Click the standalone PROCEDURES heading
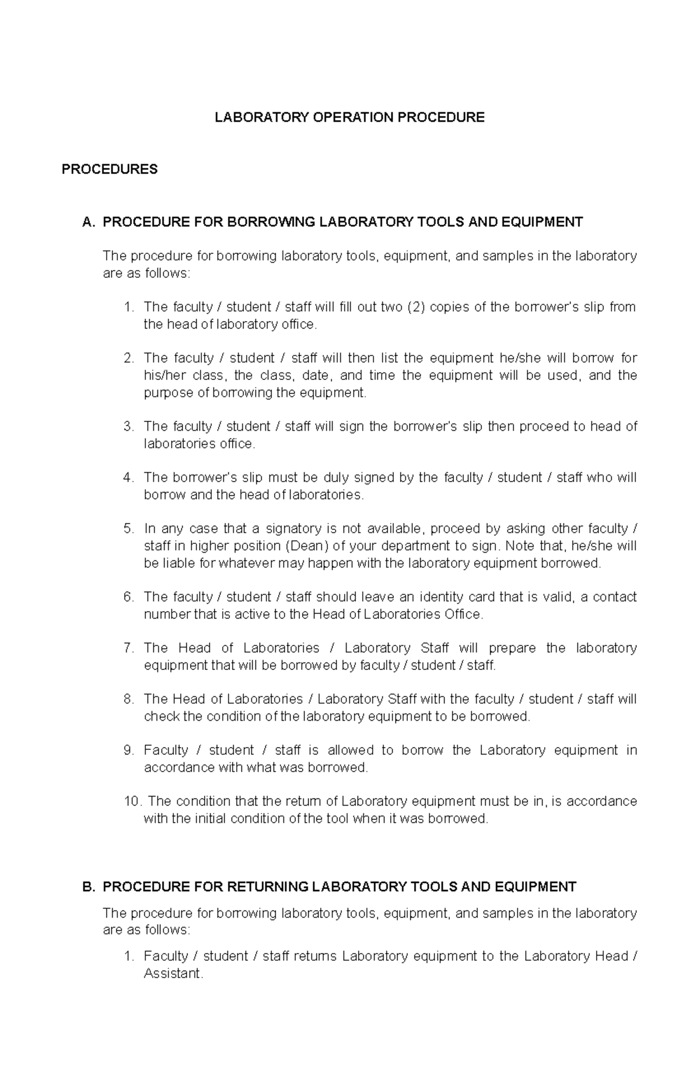[110, 169]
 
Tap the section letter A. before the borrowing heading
[89, 222]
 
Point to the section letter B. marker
[89, 887]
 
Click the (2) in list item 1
[416, 307]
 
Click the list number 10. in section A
[133, 801]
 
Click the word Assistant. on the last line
[173, 974]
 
